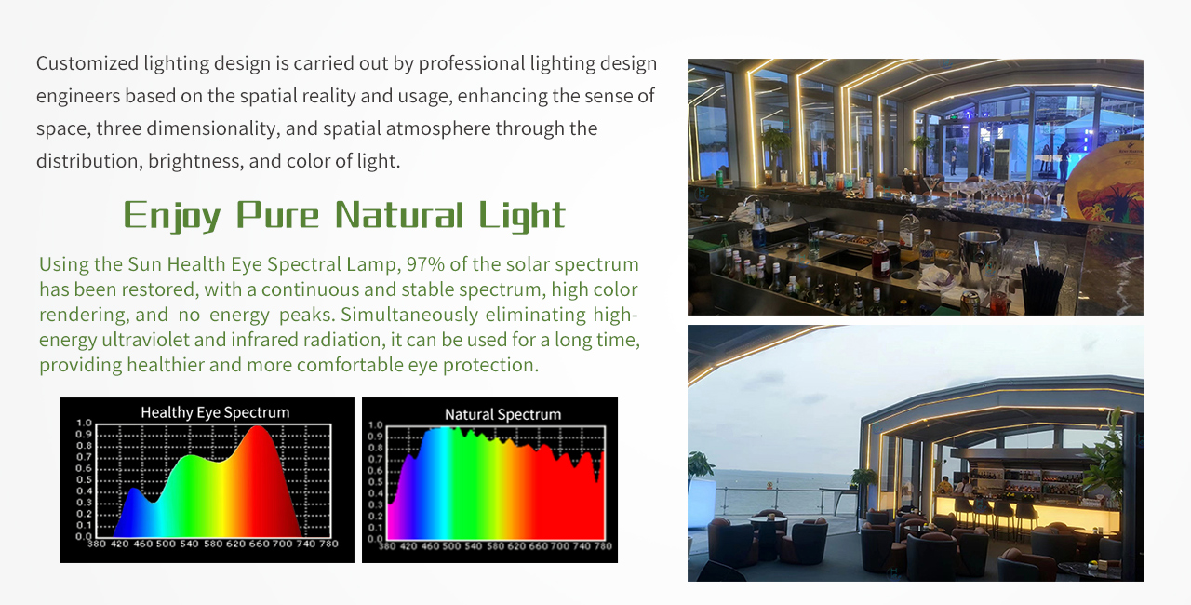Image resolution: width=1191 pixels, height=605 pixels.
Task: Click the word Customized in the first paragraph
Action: (x=87, y=64)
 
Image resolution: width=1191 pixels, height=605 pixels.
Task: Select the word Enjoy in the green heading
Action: (x=172, y=216)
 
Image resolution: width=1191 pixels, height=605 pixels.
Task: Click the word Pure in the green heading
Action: (x=277, y=215)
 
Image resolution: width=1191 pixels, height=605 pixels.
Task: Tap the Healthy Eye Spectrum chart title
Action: (x=215, y=412)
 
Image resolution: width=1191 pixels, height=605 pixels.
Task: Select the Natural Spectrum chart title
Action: (x=503, y=415)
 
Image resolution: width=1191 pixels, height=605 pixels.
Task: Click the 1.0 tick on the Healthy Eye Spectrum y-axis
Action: (x=84, y=423)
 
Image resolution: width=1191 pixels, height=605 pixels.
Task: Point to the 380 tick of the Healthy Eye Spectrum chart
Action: (x=96, y=544)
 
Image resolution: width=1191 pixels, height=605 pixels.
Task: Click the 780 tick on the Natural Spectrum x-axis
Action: (x=603, y=546)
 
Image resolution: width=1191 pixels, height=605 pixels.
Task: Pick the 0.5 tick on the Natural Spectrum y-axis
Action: (x=375, y=481)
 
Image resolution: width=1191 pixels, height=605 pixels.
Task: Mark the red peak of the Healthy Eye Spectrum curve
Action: (x=258, y=427)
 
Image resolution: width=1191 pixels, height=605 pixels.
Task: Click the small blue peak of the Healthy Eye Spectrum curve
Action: (x=133, y=489)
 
